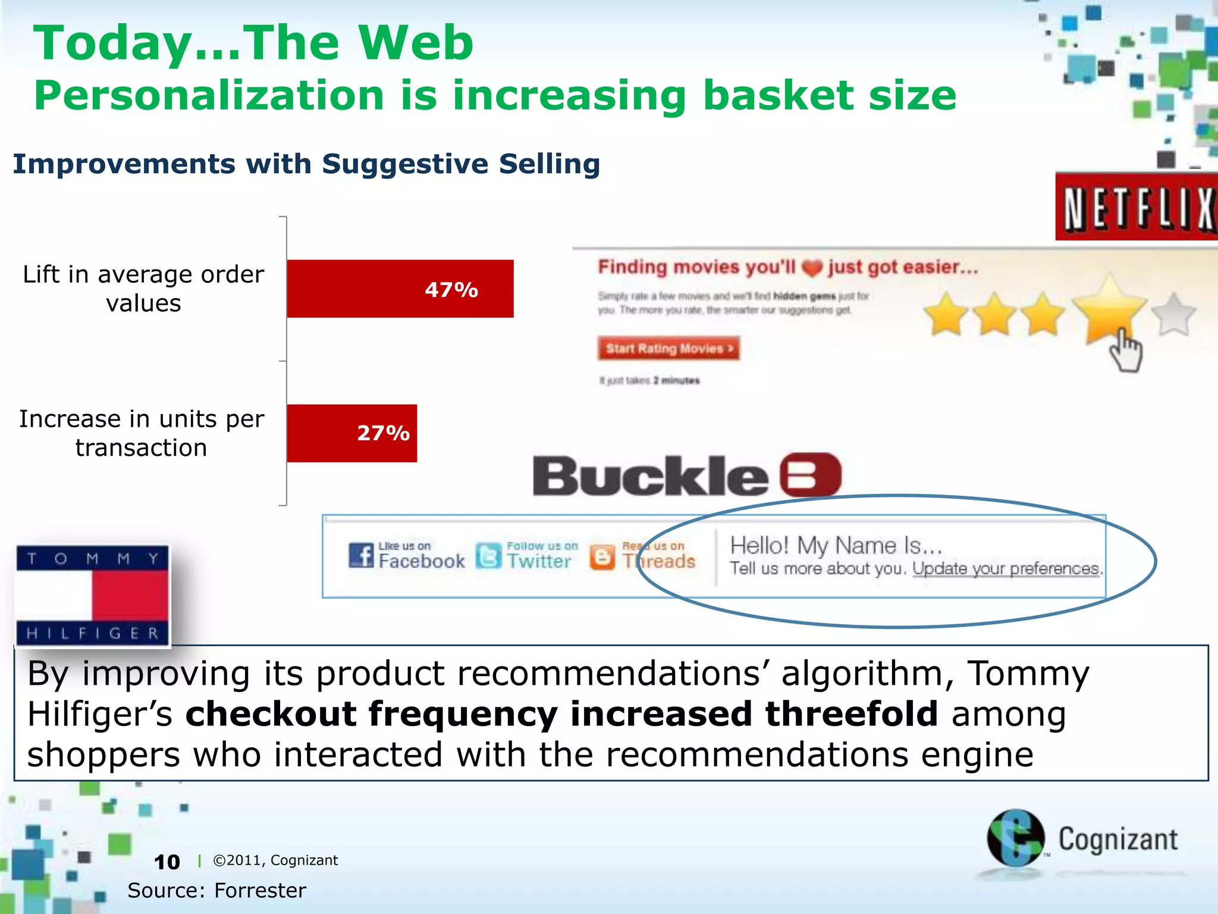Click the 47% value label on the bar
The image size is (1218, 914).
451,290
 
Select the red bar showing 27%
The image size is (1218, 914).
351,433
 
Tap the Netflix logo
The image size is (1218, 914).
1137,208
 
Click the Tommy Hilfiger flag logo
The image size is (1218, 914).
93,595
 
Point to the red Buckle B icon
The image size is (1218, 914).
810,475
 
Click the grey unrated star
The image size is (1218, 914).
1173,315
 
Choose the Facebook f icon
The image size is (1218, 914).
361,555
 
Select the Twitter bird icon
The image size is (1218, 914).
488,556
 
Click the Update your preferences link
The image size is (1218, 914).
1006,569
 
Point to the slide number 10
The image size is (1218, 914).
167,862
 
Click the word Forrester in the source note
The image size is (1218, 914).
260,890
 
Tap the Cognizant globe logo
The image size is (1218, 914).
1015,838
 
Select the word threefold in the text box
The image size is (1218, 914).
851,713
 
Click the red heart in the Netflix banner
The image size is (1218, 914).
811,268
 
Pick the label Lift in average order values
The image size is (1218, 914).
143,289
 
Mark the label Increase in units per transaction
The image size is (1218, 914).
142,433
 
